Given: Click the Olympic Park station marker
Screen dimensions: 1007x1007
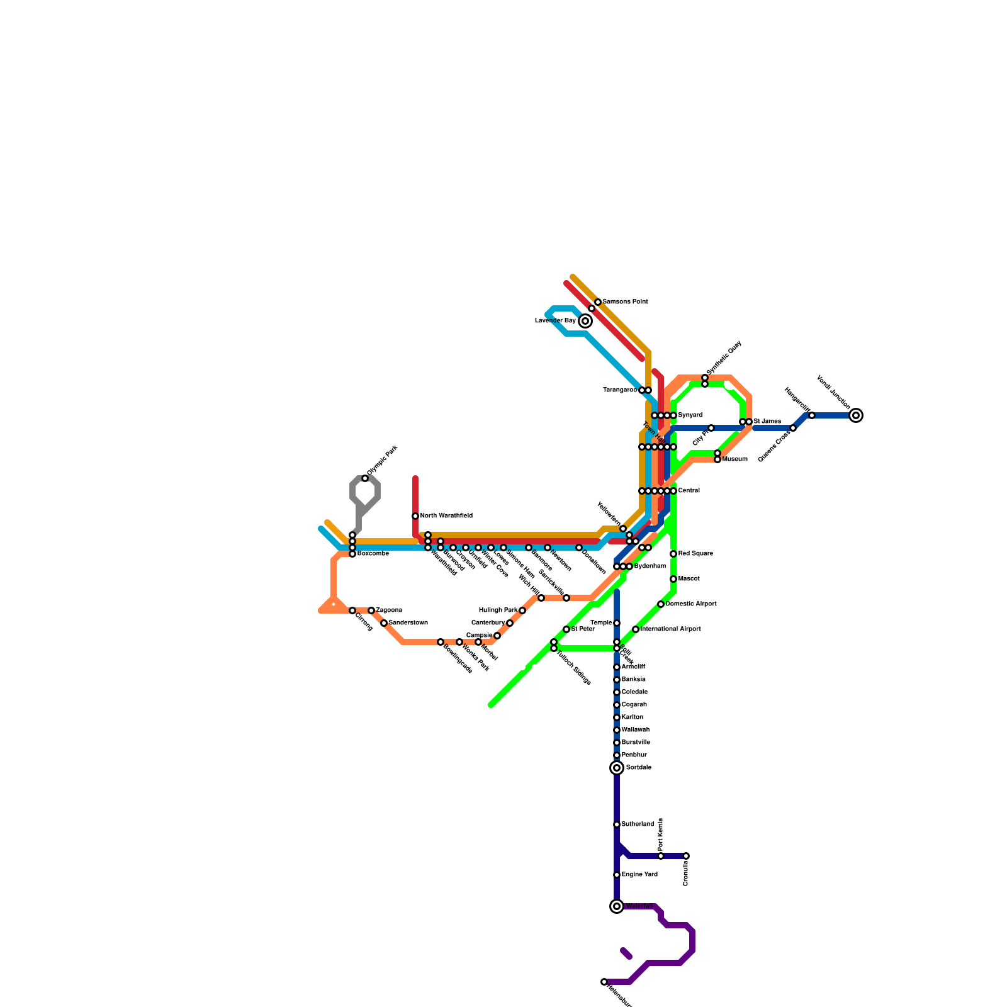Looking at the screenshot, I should pyautogui.click(x=365, y=479).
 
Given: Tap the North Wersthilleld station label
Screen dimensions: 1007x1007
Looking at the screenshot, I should pyautogui.click(x=446, y=516).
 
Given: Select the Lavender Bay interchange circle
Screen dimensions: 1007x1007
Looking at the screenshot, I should pyautogui.click(x=585, y=321).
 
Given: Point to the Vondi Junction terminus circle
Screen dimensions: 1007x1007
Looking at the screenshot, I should pyautogui.click(x=856, y=415).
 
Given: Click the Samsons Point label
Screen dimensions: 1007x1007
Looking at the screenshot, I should pyautogui.click(x=625, y=302).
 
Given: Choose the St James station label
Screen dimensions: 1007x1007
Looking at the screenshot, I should pyautogui.click(x=767, y=422).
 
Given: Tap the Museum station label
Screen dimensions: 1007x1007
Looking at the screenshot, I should pyautogui.click(x=735, y=459).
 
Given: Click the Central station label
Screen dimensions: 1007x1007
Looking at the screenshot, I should pyautogui.click(x=689, y=491).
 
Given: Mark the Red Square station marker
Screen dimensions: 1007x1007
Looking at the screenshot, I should pyautogui.click(x=673, y=554).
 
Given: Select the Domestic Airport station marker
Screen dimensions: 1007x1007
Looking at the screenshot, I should pyautogui.click(x=661, y=604).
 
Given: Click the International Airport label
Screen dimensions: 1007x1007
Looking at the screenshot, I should pyautogui.click(x=670, y=629).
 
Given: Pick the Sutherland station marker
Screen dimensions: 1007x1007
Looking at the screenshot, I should pyautogui.click(x=617, y=824).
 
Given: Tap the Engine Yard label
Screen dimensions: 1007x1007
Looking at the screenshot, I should pyautogui.click(x=639, y=875).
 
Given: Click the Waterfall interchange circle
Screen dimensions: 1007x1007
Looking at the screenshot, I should pyautogui.click(x=617, y=906).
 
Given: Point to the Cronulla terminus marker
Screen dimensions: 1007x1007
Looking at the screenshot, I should pyautogui.click(x=686, y=856).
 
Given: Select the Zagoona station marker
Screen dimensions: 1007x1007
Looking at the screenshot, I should pyautogui.click(x=371, y=610).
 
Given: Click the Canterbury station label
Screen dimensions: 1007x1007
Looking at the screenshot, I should pyautogui.click(x=488, y=623).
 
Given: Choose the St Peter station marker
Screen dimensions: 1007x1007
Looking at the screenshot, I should pyautogui.click(x=566, y=629).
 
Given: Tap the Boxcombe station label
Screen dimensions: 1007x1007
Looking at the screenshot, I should pyautogui.click(x=373, y=554).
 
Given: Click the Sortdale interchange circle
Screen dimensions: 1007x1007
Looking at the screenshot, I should pyautogui.click(x=617, y=768).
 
